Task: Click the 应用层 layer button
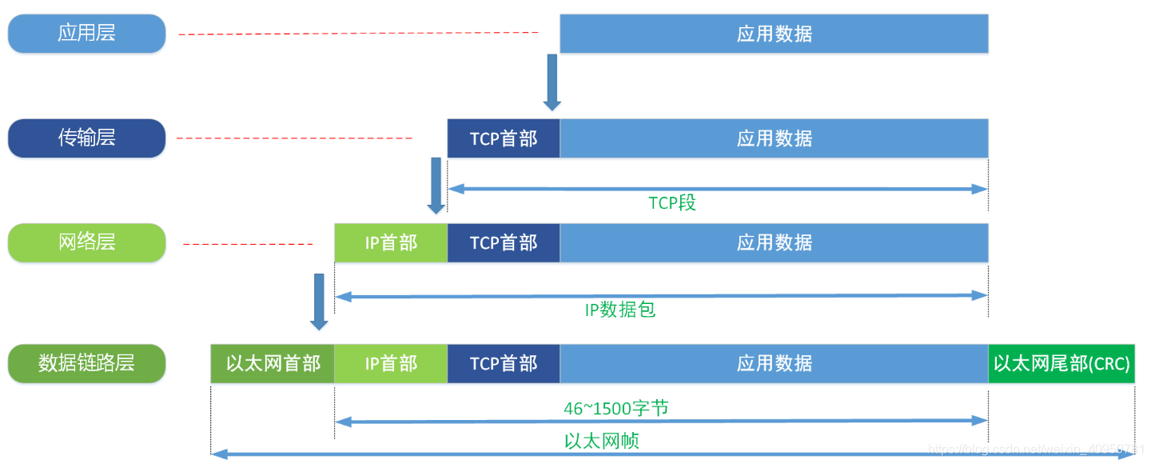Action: click(86, 34)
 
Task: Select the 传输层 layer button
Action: click(86, 138)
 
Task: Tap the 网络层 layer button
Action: click(86, 242)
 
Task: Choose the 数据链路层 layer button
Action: click(86, 363)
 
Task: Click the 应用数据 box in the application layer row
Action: click(774, 34)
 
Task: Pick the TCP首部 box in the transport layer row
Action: click(504, 138)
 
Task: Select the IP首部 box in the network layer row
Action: click(391, 242)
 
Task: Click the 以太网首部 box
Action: click(273, 363)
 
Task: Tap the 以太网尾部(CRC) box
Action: click(1061, 363)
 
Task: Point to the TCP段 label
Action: click(672, 202)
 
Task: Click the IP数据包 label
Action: click(620, 309)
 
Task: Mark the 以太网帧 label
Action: click(601, 441)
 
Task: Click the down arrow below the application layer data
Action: click(552, 82)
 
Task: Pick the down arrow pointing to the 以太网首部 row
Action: click(319, 301)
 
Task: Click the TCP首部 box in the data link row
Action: click(504, 363)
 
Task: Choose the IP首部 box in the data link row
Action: click(391, 363)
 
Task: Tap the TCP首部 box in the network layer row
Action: click(504, 242)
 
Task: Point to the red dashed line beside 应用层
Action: click(358, 33)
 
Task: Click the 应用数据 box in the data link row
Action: click(774, 363)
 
